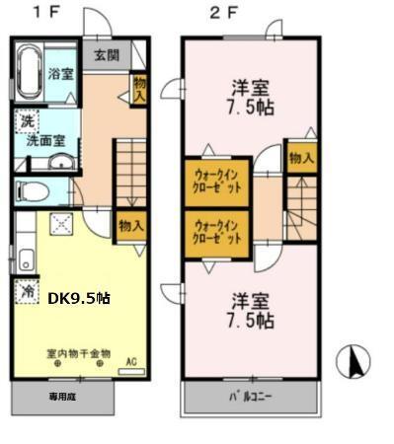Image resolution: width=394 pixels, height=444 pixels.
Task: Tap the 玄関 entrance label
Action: (x=106, y=55)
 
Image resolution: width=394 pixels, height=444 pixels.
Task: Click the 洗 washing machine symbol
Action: (x=24, y=121)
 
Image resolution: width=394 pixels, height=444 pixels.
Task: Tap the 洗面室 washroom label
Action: (x=46, y=141)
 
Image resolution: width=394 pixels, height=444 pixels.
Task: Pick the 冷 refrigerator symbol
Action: (x=26, y=293)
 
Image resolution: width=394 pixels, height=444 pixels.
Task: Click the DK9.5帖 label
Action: (x=79, y=296)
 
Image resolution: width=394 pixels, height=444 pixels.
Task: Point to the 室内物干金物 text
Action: (x=78, y=352)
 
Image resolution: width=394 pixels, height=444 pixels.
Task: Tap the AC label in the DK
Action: (x=128, y=361)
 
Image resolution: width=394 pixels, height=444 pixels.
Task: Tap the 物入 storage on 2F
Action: (x=301, y=157)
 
